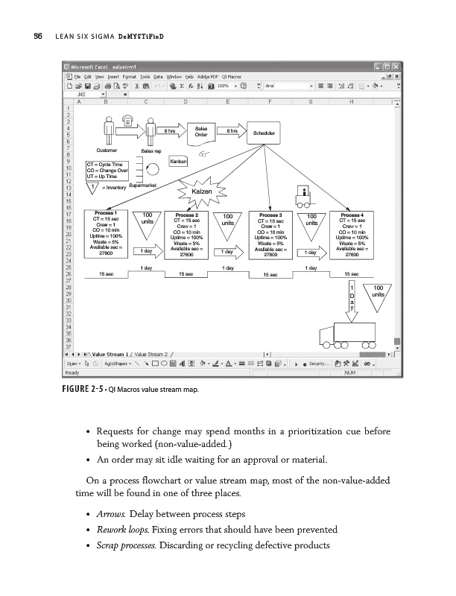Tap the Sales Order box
[x=201, y=132]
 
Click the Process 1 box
[x=105, y=234]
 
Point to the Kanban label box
[x=178, y=161]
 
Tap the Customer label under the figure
[x=109, y=150]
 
